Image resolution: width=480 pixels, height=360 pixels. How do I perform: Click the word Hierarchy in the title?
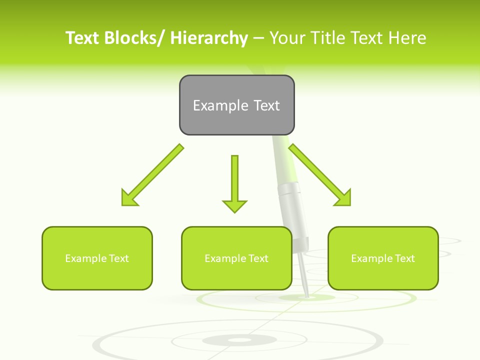pos(209,38)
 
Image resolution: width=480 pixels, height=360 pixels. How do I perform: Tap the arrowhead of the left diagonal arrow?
pos(129,197)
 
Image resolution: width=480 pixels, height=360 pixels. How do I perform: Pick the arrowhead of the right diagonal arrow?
pos(342,197)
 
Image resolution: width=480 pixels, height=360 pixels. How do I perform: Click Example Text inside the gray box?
pos(236,105)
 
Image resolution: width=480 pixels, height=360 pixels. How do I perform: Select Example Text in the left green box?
pos(97,258)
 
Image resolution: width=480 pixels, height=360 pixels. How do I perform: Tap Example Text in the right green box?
pos(383,258)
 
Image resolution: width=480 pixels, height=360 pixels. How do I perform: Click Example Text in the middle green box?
pos(236,258)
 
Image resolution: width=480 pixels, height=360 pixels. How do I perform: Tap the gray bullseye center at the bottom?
pos(240,340)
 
